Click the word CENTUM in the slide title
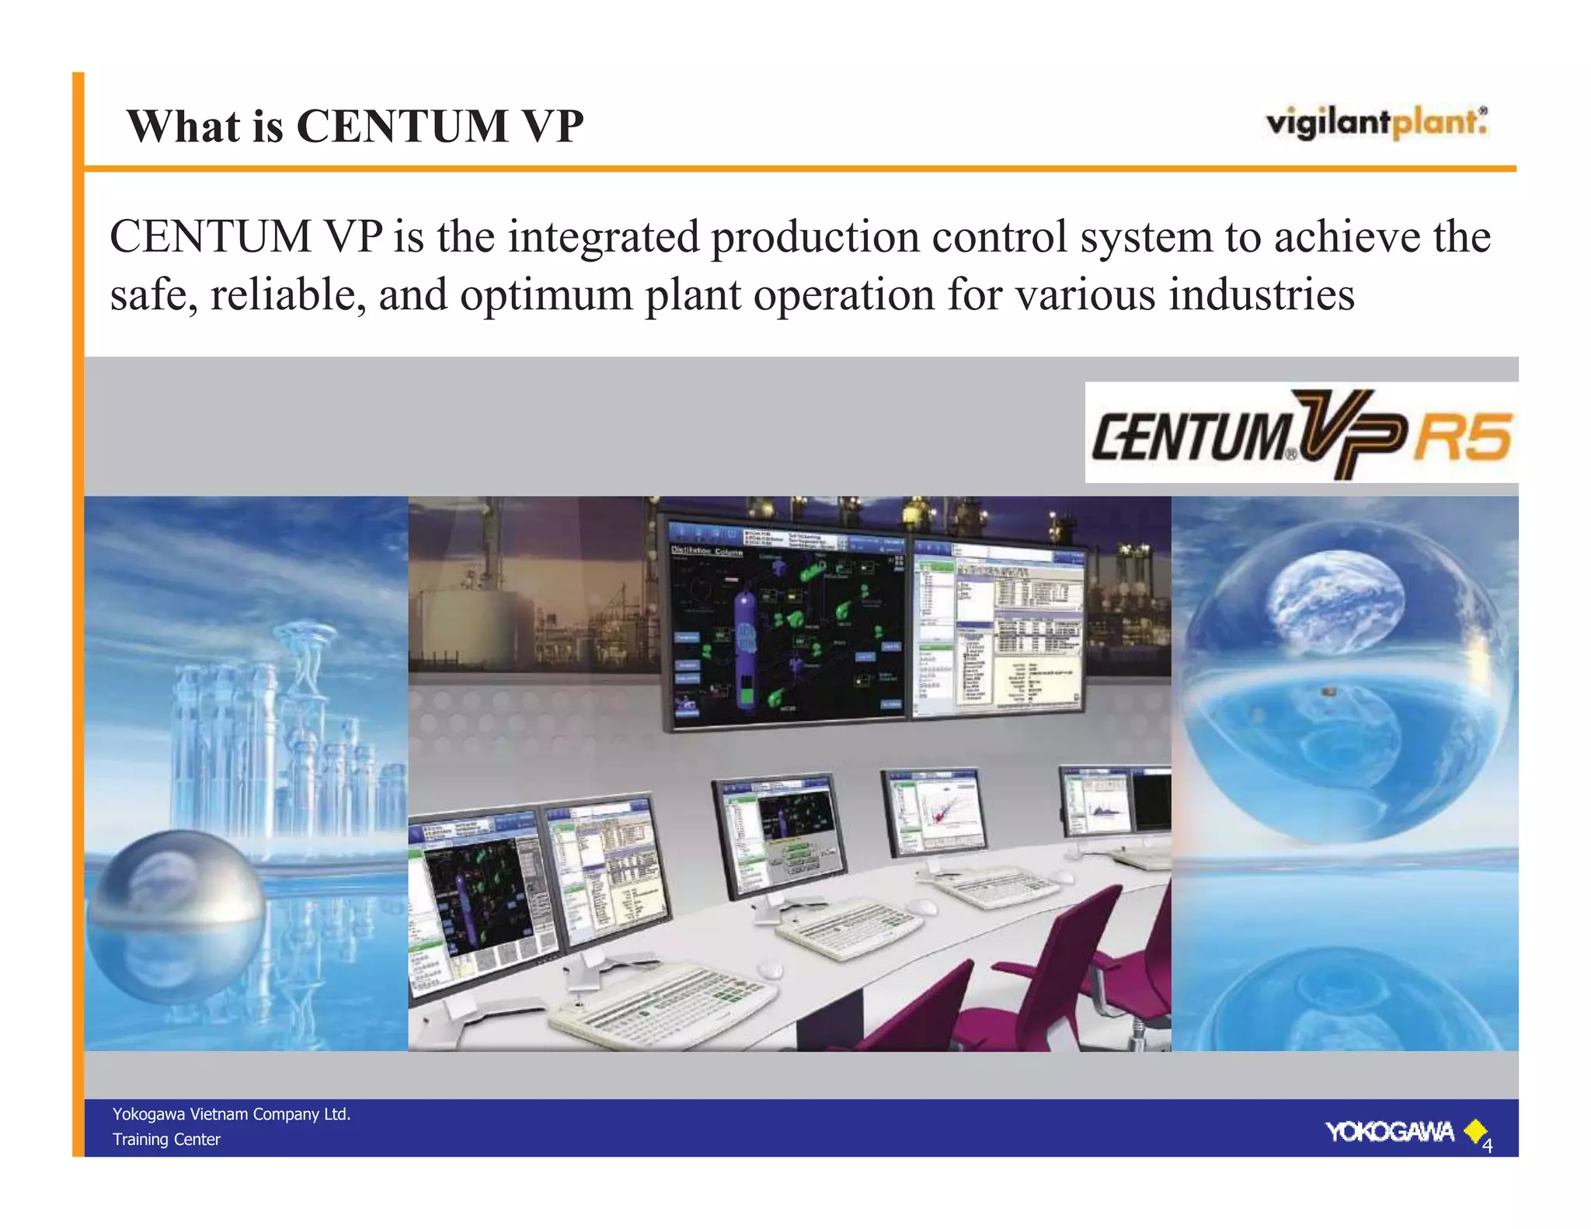[402, 126]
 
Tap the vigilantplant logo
[1376, 123]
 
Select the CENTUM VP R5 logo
[1300, 433]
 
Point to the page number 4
[1487, 1146]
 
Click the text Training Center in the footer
[166, 1139]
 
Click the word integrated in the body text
[604, 237]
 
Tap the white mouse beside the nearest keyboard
[769, 969]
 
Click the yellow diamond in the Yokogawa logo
[1474, 1130]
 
